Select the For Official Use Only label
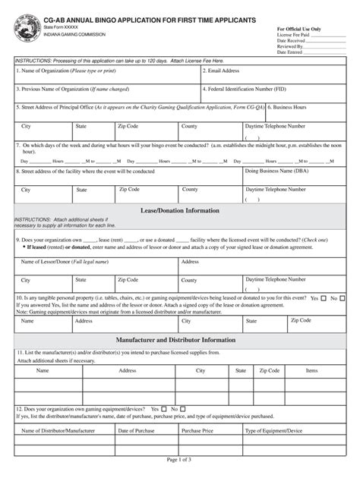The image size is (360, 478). pos(299,29)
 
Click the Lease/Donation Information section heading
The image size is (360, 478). pos(180,210)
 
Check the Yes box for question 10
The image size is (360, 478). pos(324,298)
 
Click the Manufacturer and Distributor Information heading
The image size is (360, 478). pos(180,340)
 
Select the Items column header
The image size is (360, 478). pos(311,371)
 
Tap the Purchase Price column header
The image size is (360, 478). pos(197,430)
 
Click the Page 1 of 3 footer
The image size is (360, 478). pos(180,460)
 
